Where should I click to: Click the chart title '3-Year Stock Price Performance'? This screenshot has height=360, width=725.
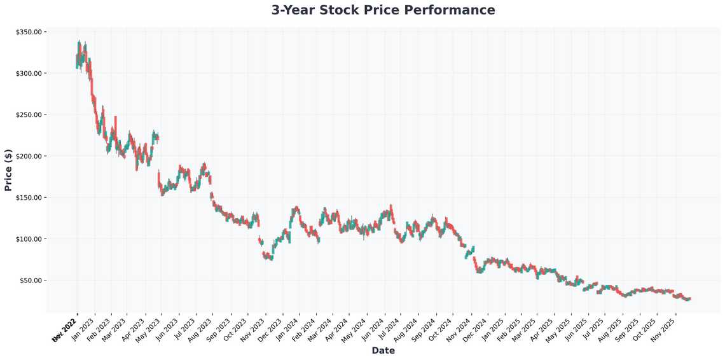[383, 10]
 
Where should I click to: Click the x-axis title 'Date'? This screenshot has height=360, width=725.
[383, 350]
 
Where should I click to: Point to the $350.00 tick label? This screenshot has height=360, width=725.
[29, 32]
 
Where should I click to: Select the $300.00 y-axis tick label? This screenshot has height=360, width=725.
[29, 73]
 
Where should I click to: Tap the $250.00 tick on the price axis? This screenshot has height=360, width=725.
[29, 114]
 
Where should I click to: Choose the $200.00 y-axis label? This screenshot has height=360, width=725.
[29, 156]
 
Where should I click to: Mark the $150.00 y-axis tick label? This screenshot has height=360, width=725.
[29, 197]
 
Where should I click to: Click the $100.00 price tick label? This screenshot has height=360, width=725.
[29, 239]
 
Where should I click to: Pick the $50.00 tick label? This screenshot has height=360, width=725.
[30, 280]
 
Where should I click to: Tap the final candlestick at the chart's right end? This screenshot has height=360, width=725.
[689, 298]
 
